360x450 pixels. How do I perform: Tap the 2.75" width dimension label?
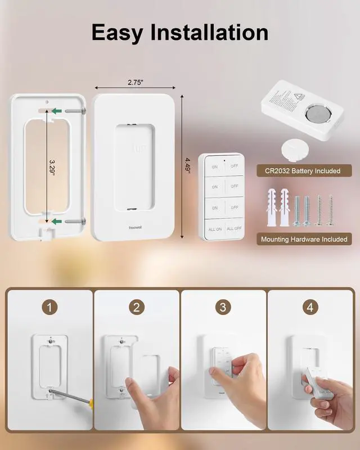(x=135, y=82)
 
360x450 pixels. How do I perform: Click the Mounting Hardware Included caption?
(x=304, y=239)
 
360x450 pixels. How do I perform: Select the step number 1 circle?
(x=51, y=307)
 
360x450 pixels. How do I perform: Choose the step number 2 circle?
(x=137, y=307)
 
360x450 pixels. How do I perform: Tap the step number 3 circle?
(x=223, y=307)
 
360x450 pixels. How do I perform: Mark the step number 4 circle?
(x=309, y=307)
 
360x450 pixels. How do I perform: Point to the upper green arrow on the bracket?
(x=56, y=111)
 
